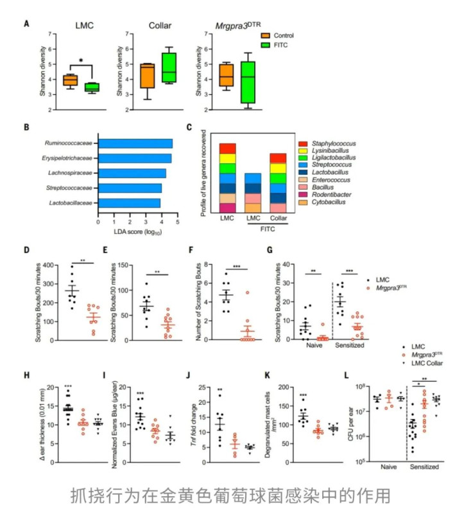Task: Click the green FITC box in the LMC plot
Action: click(x=92, y=87)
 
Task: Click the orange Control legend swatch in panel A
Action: click(x=269, y=35)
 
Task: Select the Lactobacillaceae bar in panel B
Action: click(x=128, y=203)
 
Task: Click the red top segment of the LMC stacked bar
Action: click(x=228, y=148)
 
